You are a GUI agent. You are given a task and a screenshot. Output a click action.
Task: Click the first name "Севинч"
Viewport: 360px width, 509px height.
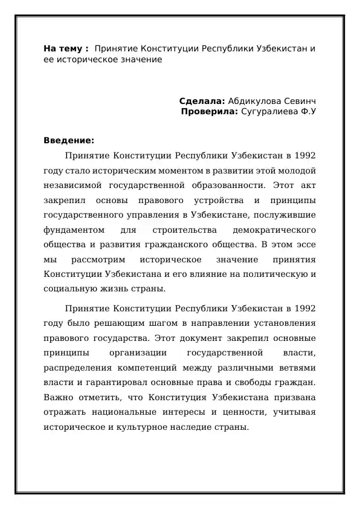298,100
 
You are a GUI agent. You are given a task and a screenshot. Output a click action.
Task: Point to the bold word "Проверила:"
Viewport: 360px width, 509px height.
210,111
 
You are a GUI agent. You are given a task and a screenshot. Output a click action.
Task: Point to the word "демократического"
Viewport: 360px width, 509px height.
274,230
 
